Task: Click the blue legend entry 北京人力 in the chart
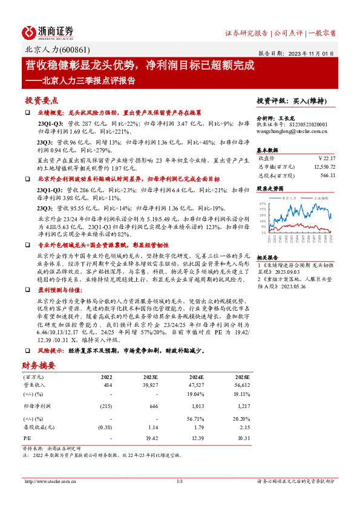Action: coord(288,198)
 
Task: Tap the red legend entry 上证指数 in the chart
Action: coord(321,198)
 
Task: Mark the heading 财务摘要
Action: coord(39,366)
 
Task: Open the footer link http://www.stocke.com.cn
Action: coord(48,481)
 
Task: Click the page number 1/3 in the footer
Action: coord(180,481)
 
